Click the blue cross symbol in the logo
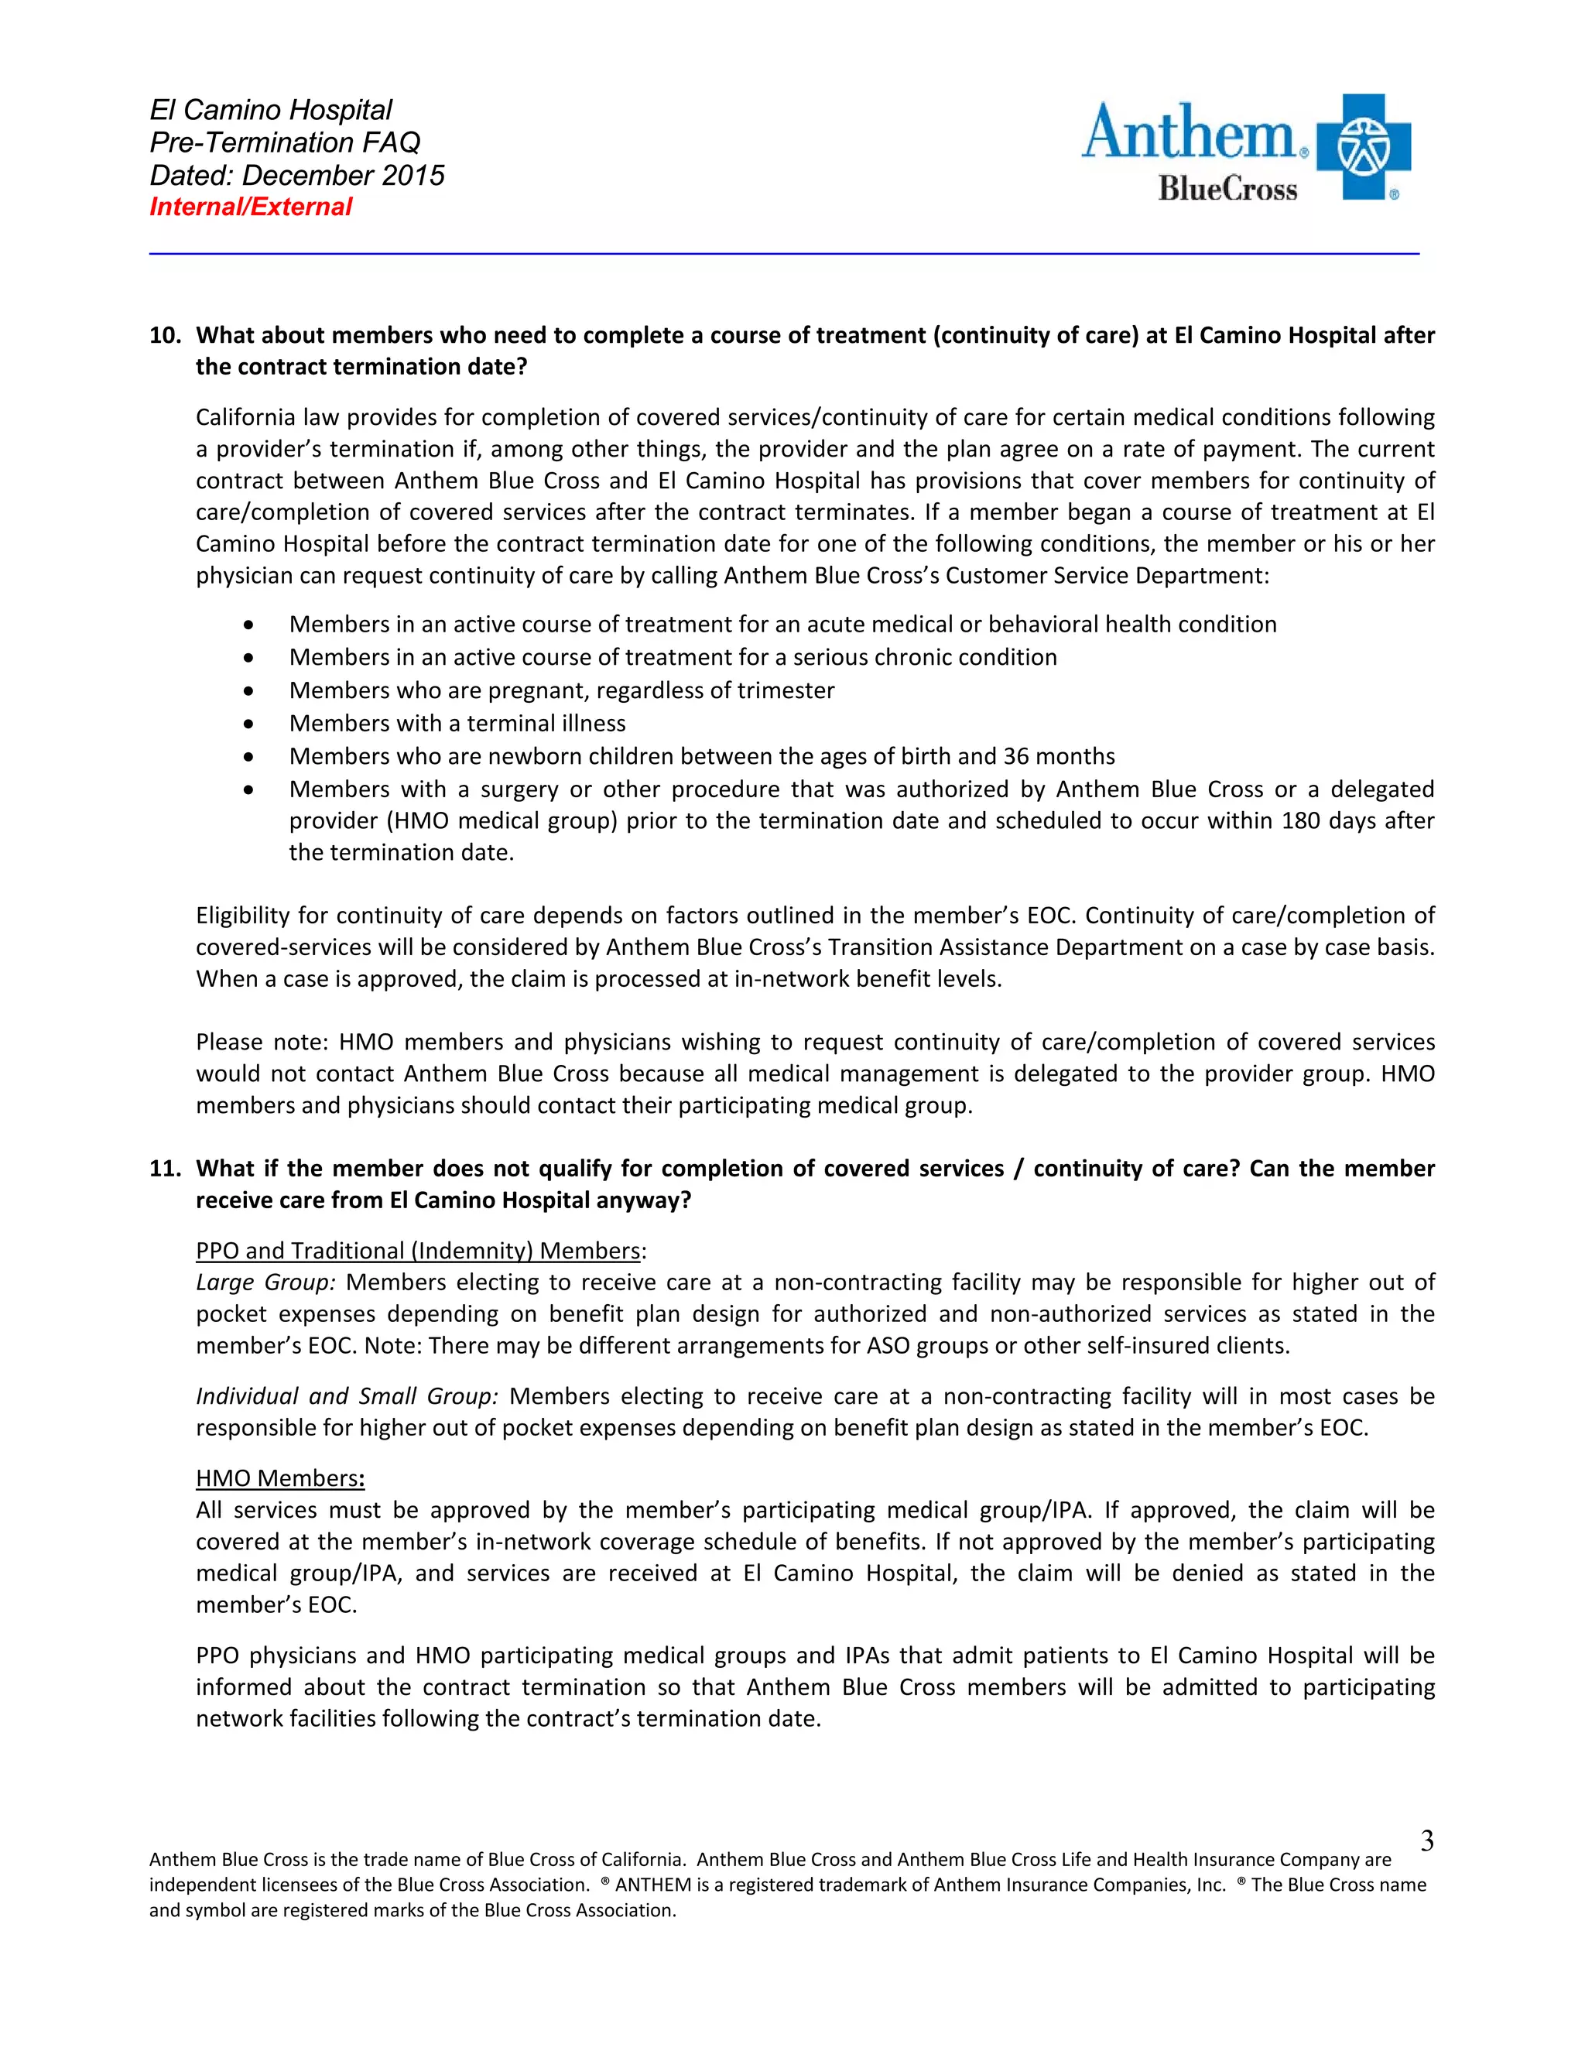[x=1364, y=146]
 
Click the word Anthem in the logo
[x=1189, y=133]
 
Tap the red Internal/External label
[x=251, y=207]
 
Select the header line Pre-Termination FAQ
[x=285, y=142]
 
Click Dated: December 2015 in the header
[x=296, y=176]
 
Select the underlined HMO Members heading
[x=279, y=1478]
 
